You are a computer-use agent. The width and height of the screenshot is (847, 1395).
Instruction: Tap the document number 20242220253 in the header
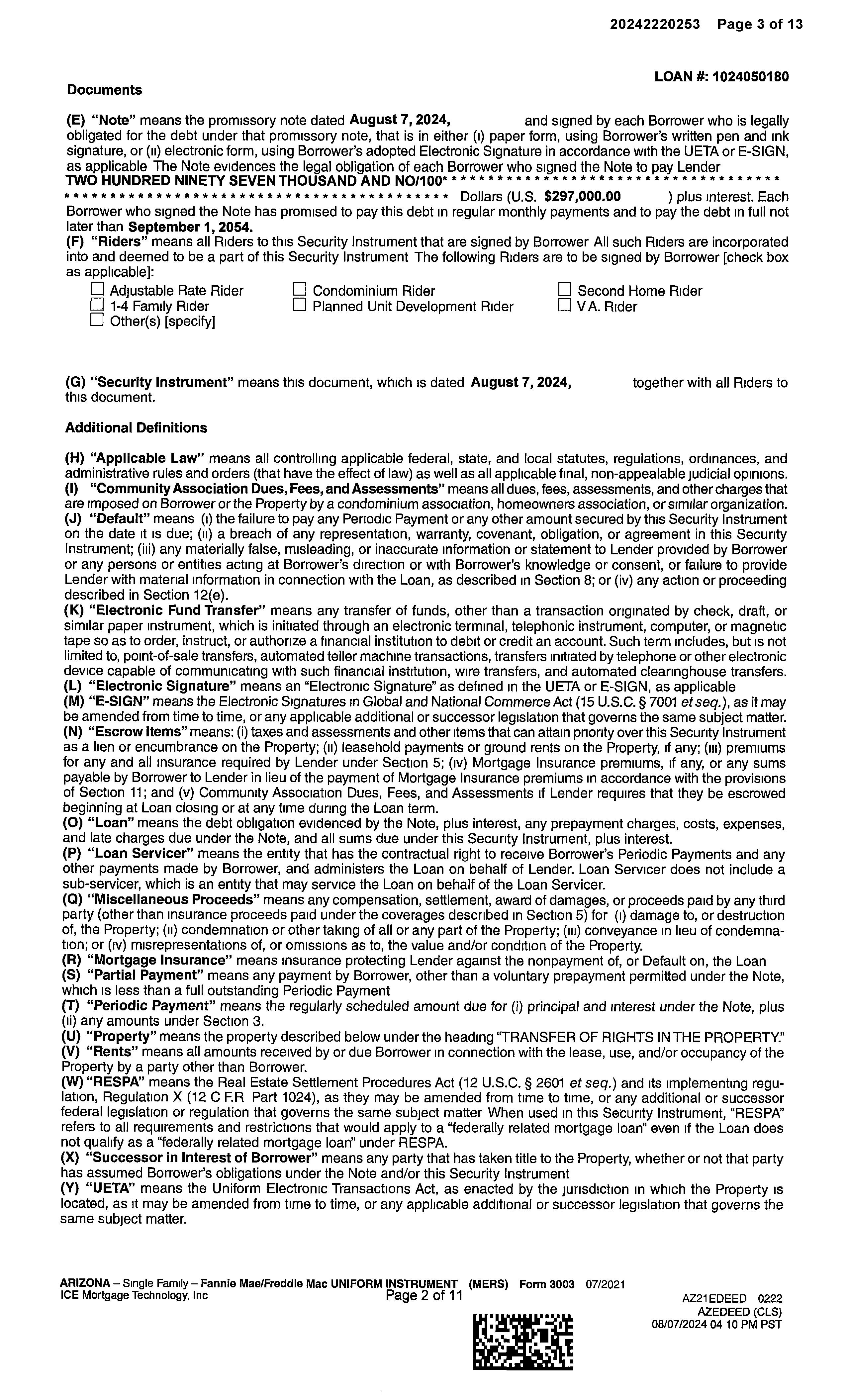click(x=654, y=24)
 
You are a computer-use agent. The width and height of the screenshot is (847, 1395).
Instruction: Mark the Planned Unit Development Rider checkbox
click(x=300, y=305)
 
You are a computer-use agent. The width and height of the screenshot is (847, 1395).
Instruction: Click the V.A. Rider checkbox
click(x=564, y=305)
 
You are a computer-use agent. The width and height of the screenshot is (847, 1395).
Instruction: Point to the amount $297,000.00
click(x=582, y=196)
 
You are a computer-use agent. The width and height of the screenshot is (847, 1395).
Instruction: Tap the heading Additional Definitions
click(x=136, y=427)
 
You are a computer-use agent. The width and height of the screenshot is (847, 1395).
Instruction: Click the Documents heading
click(x=104, y=90)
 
